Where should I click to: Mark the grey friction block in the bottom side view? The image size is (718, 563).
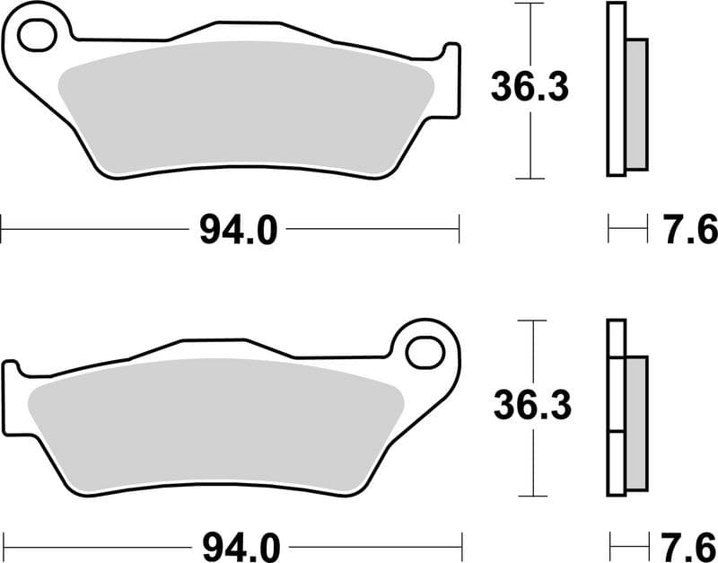(x=635, y=422)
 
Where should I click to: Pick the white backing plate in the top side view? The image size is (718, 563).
(x=616, y=90)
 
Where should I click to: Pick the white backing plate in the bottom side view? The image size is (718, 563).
(x=616, y=409)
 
